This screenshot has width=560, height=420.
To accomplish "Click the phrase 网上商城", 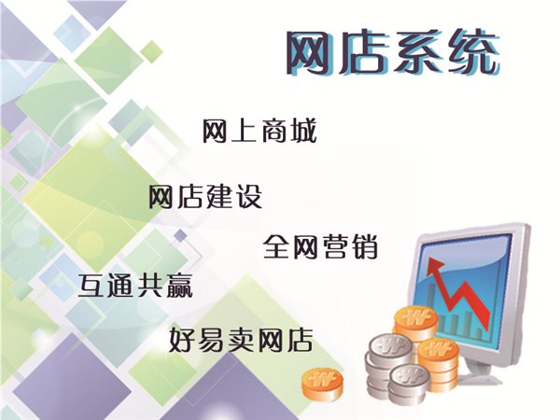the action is pos(259,132).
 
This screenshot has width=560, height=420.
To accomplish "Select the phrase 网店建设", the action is pos(205,196).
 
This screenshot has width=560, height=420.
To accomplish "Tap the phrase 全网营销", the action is pos(320,246).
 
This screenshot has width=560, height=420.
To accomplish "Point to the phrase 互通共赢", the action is pos(135,286).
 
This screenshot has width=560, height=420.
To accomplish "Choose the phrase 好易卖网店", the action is pos(241,340).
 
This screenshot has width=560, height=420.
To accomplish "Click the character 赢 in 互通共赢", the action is pos(180,286).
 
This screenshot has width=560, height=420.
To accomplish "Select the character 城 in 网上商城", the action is pos(303,132).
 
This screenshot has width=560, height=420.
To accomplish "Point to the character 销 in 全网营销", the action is pos(364,246).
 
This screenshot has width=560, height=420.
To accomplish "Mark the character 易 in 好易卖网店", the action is pos(213,340).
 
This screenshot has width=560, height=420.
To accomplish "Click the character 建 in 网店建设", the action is pos(219,196).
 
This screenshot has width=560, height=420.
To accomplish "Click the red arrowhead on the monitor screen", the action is pos(434,266).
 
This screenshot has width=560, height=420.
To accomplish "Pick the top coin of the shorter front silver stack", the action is pos(410,376).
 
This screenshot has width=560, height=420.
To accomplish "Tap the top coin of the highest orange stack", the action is pos(416,317).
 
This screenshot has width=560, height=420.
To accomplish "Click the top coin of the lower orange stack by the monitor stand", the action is pos(439,349).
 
